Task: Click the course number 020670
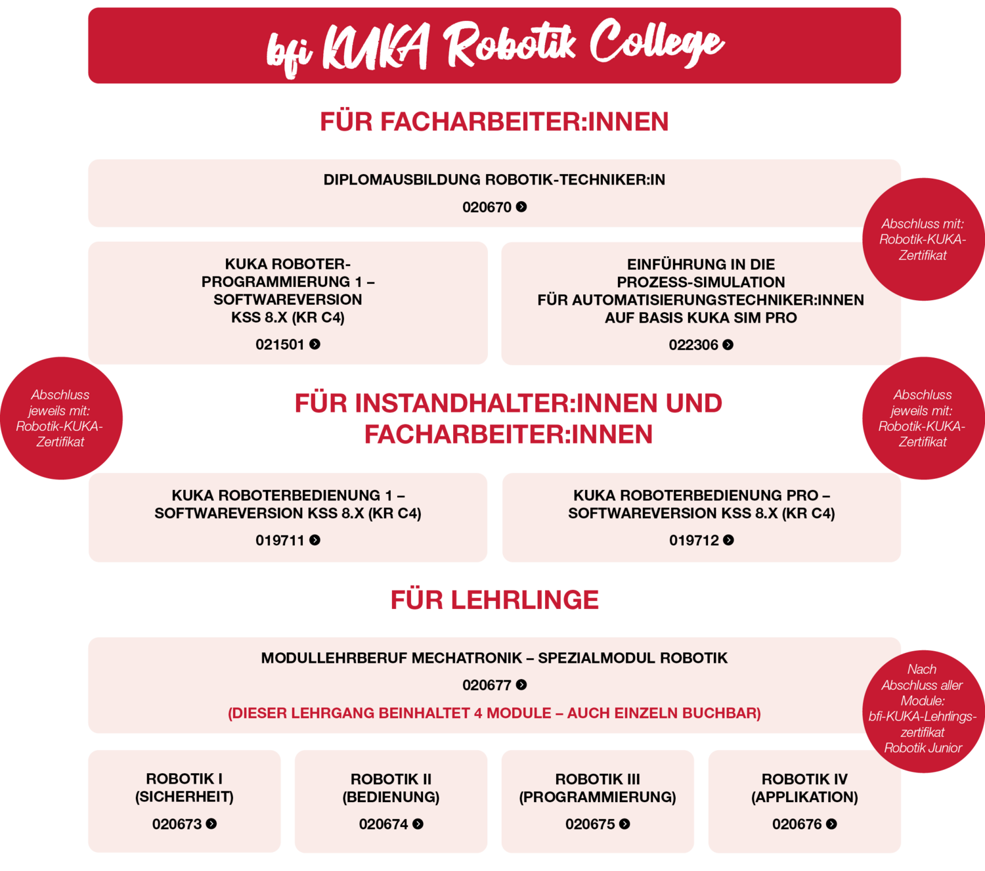[x=487, y=207]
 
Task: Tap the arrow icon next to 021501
[x=315, y=344]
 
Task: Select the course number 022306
[x=693, y=345]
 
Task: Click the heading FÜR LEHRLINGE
[x=494, y=600]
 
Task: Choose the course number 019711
[x=280, y=541]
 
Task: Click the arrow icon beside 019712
[x=728, y=541]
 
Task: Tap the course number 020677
[x=487, y=685]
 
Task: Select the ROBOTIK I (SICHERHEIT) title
[x=185, y=788]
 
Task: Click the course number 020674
[x=383, y=824]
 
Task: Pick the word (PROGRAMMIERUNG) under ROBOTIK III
[x=598, y=797]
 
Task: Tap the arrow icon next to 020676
[x=832, y=824]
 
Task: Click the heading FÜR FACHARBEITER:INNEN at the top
[x=494, y=121]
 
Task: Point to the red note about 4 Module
[x=494, y=713]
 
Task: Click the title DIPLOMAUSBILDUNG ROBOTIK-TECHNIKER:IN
[x=494, y=179]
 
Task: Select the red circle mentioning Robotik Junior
[x=923, y=711]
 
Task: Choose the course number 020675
[x=590, y=824]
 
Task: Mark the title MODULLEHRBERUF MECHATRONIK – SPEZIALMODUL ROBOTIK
[x=494, y=658]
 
